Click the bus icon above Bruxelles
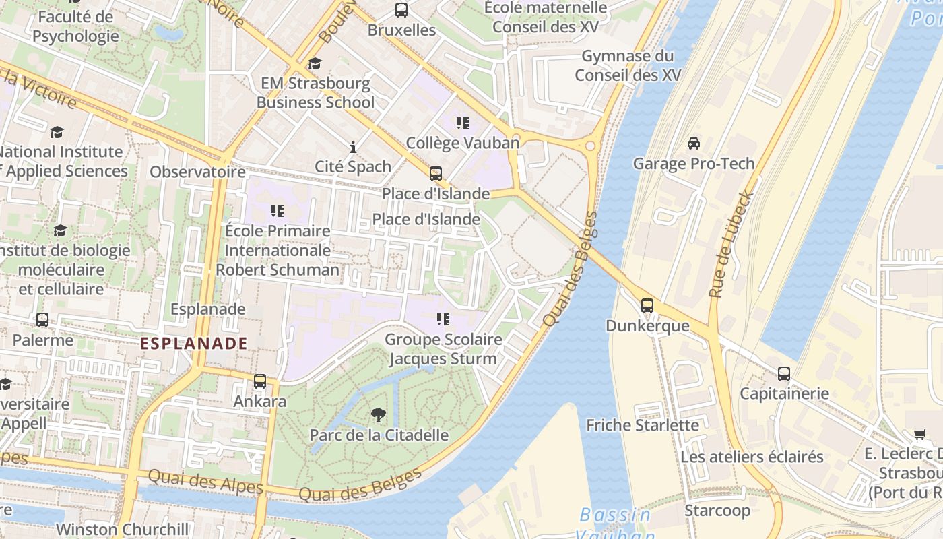(401, 10)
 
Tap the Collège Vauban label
(463, 143)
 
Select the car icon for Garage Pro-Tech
(693, 144)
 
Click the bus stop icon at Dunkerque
(647, 306)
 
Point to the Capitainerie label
(784, 393)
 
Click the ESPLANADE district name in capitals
(194, 343)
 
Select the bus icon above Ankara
(260, 381)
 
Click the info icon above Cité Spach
(353, 147)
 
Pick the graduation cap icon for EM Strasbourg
(315, 64)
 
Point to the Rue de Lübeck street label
(732, 245)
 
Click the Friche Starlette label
(643, 425)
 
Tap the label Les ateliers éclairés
(752, 457)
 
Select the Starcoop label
(717, 511)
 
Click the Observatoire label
(197, 172)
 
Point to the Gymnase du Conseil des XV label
(628, 65)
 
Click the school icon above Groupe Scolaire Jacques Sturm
(443, 319)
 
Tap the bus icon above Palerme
(42, 320)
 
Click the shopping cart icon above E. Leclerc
(920, 434)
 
